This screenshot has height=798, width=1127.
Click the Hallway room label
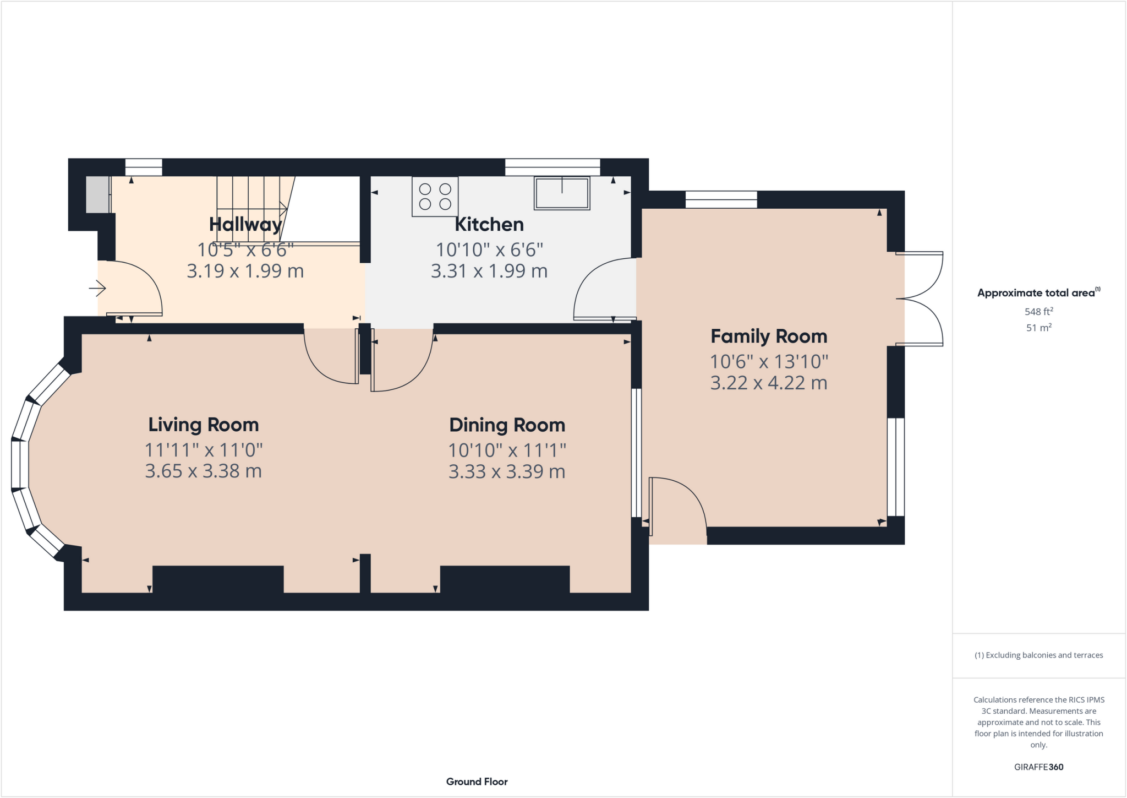245,225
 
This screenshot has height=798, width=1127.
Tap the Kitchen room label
489,225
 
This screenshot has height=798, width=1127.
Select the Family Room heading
769,336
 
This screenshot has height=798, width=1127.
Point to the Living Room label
204,425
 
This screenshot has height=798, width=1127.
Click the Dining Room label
507,425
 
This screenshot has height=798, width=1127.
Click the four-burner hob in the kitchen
435,197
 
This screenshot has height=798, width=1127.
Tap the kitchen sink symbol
562,193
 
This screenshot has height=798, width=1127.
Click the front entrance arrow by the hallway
98,287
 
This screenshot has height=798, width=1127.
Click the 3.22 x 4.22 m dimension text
769,383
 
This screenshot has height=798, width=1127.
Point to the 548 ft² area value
1038,312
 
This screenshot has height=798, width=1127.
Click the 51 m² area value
1038,328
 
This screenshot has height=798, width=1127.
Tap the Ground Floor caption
477,781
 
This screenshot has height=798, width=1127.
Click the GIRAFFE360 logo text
1038,767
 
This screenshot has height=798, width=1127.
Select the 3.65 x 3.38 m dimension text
204,471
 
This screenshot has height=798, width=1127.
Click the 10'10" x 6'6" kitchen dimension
489,250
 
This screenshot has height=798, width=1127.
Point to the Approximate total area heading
1037,293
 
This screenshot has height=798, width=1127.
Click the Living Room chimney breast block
218,579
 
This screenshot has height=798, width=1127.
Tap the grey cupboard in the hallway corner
97,194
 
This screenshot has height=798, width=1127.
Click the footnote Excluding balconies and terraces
1038,655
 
